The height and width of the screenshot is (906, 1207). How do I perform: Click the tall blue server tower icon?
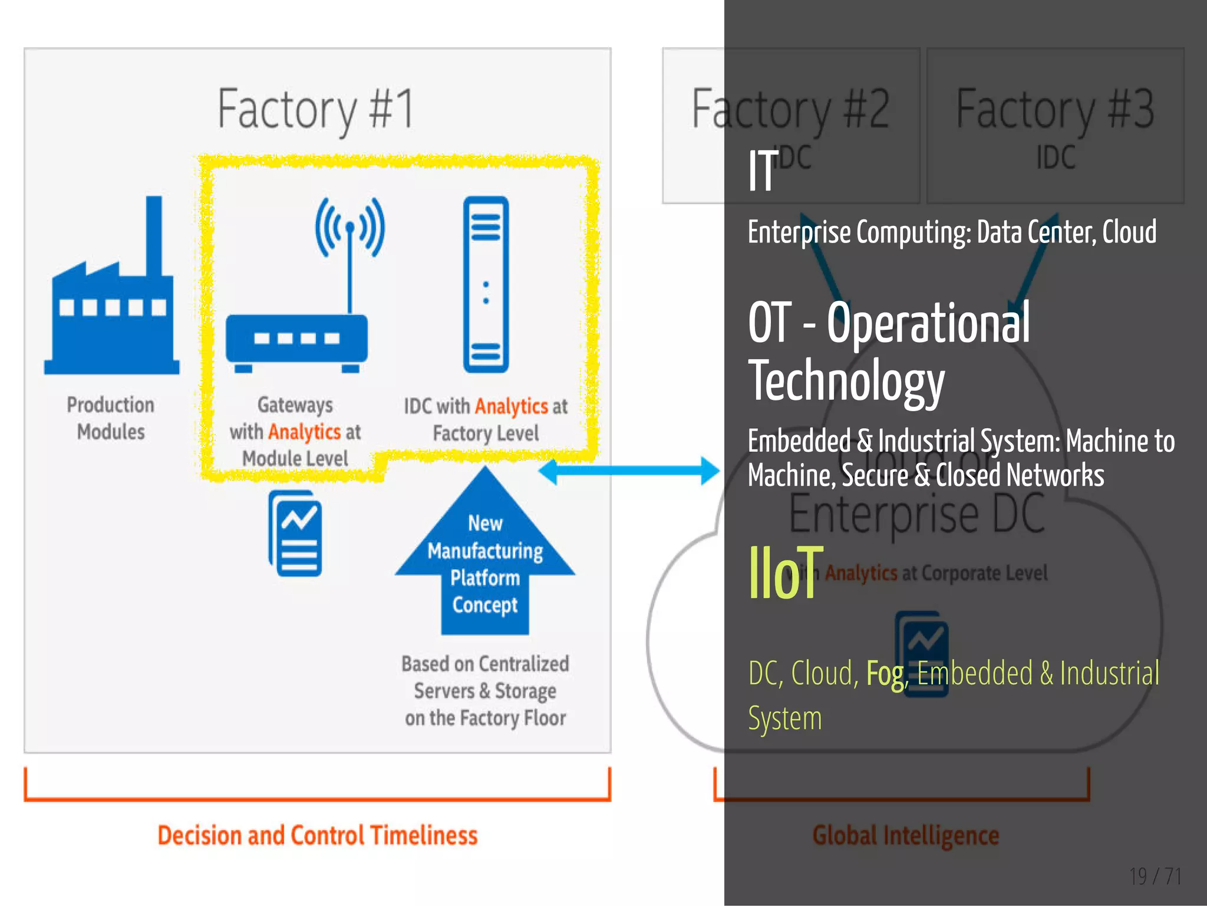click(486, 284)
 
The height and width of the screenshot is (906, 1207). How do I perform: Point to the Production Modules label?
click(111, 418)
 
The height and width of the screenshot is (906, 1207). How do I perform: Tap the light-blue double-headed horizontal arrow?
click(629, 471)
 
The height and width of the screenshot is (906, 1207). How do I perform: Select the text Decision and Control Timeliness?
click(318, 836)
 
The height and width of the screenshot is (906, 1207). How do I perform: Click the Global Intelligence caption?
click(906, 836)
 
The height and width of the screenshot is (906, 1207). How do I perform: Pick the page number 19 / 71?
click(1155, 877)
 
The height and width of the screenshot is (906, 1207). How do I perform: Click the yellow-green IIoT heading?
click(785, 573)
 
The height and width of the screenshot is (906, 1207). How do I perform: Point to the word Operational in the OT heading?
click(928, 323)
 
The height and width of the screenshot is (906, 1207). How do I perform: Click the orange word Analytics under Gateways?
click(304, 432)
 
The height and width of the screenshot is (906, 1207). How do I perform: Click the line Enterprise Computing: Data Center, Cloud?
click(952, 232)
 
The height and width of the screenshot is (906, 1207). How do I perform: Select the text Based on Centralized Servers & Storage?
click(485, 677)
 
